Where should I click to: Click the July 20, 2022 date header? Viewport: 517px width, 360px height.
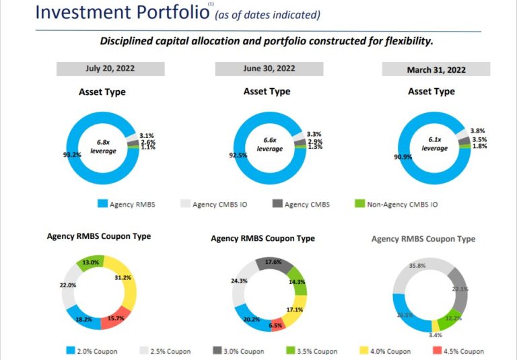[110, 69]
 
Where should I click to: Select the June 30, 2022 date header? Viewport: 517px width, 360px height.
[269, 69]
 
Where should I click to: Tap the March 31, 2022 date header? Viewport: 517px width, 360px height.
[436, 70]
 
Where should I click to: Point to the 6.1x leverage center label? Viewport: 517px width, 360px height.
[435, 144]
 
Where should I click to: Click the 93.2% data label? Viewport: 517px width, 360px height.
[71, 155]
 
